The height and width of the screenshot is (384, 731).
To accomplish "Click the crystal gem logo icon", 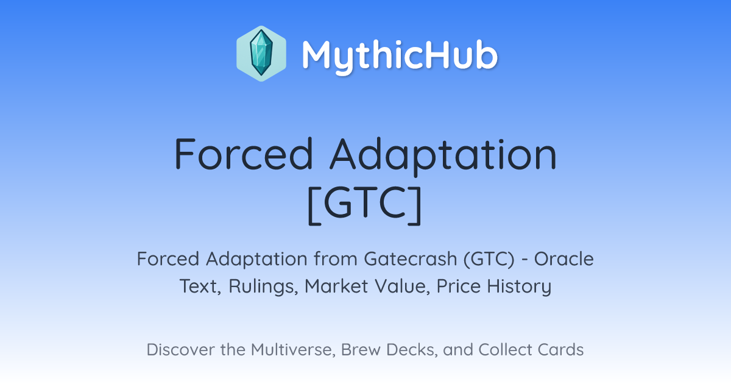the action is click(x=261, y=54).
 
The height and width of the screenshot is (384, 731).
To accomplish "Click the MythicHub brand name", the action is click(x=400, y=56).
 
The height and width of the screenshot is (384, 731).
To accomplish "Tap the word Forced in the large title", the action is click(x=244, y=154).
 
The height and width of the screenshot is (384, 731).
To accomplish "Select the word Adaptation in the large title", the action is click(x=443, y=157).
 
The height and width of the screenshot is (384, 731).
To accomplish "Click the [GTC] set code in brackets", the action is click(x=365, y=205).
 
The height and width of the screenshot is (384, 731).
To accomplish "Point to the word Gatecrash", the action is click(x=411, y=259).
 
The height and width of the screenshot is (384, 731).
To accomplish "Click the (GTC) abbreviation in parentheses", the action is click(x=489, y=259).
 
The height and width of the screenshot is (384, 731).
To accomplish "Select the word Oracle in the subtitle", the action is click(x=564, y=259).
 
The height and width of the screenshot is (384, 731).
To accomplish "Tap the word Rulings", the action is click(x=263, y=286).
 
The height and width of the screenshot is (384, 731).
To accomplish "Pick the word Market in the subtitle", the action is click(x=336, y=286).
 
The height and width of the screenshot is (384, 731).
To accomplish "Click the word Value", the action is click(x=402, y=286).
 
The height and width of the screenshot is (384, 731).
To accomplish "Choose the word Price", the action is click(x=459, y=286).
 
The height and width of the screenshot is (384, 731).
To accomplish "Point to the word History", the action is click(x=519, y=286).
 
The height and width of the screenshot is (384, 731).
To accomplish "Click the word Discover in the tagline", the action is click(x=180, y=349).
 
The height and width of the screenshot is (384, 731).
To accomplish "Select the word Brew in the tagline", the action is click(x=361, y=349).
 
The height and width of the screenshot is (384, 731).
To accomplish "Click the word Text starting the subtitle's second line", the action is click(x=200, y=286).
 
